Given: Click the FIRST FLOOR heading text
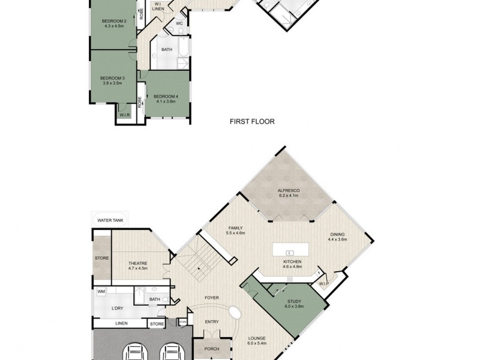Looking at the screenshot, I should tap(252, 121).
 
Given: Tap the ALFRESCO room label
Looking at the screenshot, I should tap(289, 190).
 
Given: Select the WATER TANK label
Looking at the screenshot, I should tap(110, 220).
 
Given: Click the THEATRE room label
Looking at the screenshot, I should tap(138, 263).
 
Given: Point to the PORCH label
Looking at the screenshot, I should tap(212, 349).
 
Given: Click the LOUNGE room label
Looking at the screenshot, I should tap(257, 338).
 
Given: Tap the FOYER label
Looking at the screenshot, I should tap(211, 297).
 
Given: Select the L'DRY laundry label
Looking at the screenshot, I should tap(118, 308).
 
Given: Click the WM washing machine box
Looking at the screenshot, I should tap(101, 292).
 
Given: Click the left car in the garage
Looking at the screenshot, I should tap(134, 353).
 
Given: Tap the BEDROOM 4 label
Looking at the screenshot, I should tap(166, 96).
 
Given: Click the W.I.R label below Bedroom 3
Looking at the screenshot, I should tap(125, 115).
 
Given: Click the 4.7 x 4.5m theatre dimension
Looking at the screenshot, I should tap(138, 269).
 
